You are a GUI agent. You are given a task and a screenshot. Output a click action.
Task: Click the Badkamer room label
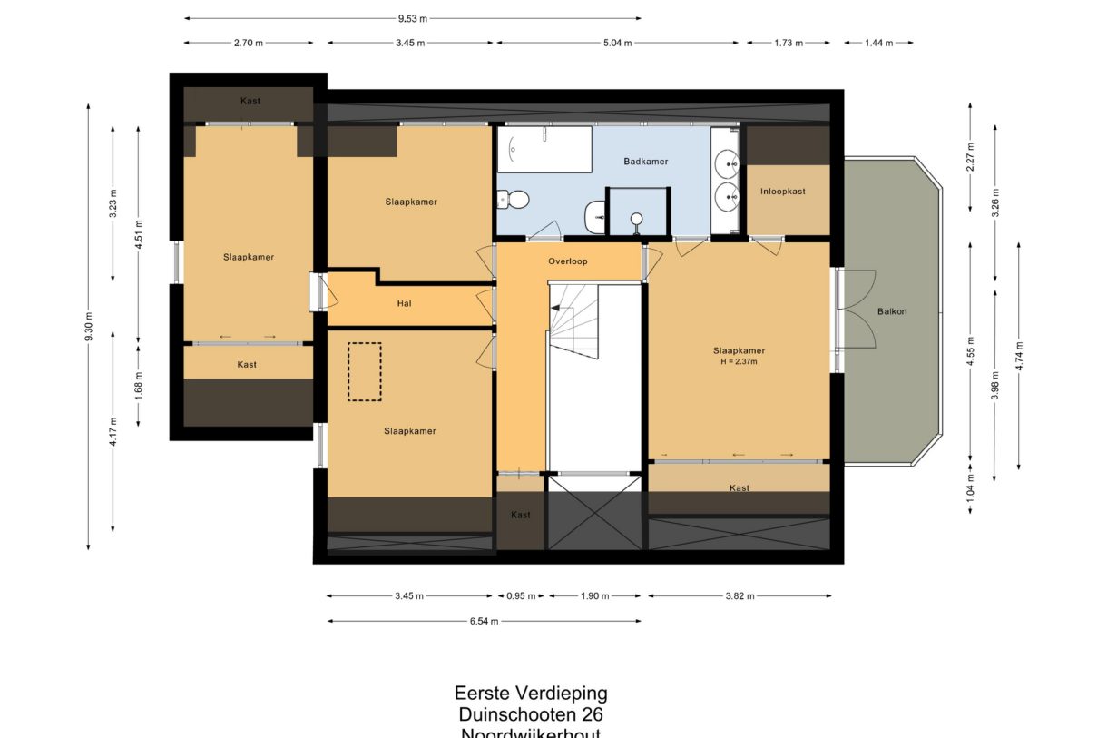pos(646,162)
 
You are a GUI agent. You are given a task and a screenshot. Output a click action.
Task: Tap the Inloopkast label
pos(782,192)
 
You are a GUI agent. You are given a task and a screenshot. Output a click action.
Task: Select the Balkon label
pos(891,311)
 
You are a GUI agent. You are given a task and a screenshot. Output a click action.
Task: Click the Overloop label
pos(568,261)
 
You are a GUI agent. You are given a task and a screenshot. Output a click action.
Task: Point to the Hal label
pos(405,303)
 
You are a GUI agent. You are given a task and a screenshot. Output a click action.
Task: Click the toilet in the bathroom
pos(514,198)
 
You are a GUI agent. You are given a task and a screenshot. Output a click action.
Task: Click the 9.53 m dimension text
pos(412,17)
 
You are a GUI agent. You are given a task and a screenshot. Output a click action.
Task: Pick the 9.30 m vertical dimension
pos(88,327)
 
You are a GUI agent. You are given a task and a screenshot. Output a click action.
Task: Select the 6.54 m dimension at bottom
pos(484,622)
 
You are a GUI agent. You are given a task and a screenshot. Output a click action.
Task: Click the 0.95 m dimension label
pos(521,596)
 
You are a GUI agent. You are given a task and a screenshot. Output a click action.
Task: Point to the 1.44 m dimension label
pos(877,43)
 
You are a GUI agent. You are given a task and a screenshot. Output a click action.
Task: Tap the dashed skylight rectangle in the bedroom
pos(365,370)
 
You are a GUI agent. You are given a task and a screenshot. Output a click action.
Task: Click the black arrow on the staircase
pos(554,309)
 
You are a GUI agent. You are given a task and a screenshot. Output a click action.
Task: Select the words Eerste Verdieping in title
pos(531,694)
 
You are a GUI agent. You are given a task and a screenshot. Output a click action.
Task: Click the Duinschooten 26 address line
pos(531,714)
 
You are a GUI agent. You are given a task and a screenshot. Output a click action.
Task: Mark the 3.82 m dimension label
pos(739,596)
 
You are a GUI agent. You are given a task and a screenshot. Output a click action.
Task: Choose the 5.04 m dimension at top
pos(617,43)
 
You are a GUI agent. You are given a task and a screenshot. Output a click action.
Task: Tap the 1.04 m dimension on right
pos(970,489)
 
